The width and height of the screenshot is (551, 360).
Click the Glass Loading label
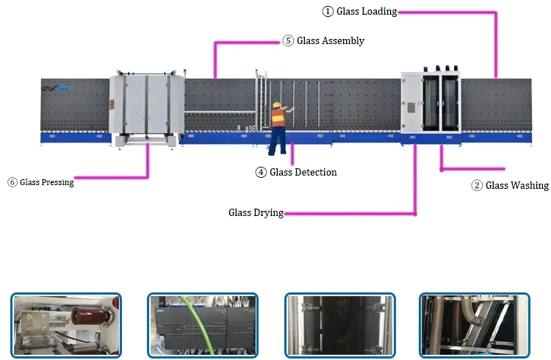click(x=367, y=12)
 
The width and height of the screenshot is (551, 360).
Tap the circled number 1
click(x=328, y=12)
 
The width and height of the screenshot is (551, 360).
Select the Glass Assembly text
click(x=330, y=41)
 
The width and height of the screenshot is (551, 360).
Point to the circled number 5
click(x=288, y=41)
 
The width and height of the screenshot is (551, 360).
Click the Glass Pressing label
click(x=46, y=182)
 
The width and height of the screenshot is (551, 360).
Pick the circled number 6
click(x=12, y=182)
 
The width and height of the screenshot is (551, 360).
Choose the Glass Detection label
click(x=303, y=173)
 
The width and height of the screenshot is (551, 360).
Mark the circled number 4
click(x=261, y=173)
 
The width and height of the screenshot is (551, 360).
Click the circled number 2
click(x=477, y=186)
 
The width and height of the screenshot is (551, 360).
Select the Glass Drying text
click(x=255, y=213)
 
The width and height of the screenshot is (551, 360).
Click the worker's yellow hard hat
click(x=277, y=105)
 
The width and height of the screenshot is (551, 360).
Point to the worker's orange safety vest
click(x=278, y=118)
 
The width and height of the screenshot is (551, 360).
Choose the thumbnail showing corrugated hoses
click(x=474, y=325)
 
